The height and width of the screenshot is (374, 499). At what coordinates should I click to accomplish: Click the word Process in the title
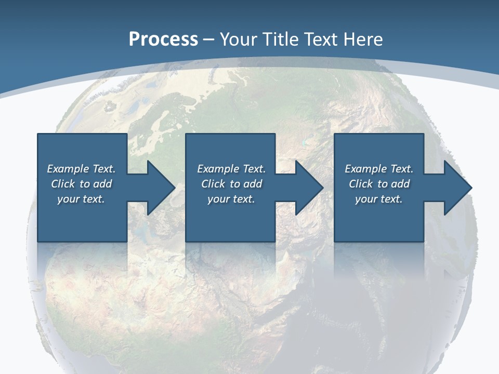163,39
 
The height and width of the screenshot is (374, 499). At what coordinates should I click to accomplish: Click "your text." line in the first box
81,199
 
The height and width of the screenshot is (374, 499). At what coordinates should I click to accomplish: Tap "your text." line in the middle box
231,199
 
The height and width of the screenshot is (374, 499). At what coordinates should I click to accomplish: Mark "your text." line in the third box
378,199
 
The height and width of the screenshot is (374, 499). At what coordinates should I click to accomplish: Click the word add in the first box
102,184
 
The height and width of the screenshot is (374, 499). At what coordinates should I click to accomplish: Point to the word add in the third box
400,184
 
